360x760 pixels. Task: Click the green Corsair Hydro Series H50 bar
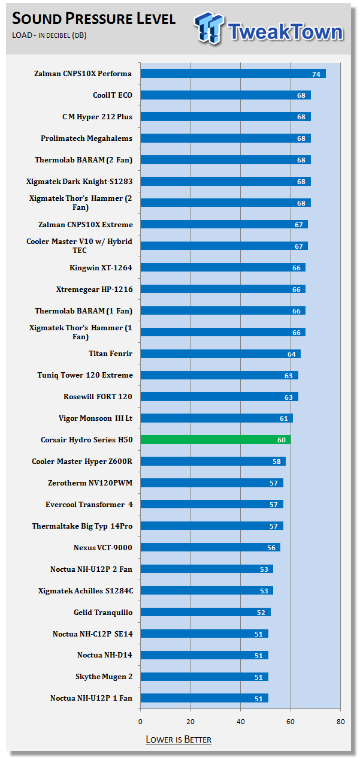point(215,440)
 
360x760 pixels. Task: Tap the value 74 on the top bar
point(316,74)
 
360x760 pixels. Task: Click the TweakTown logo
point(269,28)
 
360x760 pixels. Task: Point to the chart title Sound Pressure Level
point(93,19)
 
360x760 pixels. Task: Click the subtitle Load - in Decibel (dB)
point(49,35)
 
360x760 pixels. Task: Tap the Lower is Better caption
point(179,739)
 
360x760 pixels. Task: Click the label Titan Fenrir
point(110,354)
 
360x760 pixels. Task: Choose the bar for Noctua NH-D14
point(204,655)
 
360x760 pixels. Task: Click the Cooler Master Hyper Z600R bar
point(213,462)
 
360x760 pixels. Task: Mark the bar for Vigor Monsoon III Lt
point(216,418)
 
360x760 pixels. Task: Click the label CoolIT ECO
point(113,95)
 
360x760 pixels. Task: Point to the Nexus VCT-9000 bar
point(210,548)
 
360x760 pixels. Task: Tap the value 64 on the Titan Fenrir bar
point(292,354)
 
